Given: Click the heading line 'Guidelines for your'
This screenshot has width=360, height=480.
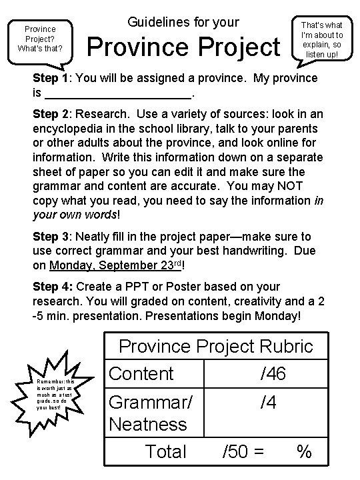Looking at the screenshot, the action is click(x=182, y=22).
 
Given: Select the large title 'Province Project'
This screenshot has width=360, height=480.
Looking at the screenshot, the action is click(x=185, y=48).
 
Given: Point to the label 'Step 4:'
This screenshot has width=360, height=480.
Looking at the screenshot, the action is click(x=53, y=287).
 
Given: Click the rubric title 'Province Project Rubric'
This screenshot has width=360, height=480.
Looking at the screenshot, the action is click(x=215, y=346).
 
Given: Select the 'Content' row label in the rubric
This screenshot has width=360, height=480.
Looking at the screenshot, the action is click(x=141, y=373).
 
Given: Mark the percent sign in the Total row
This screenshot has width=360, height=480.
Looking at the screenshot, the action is click(x=305, y=453).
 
